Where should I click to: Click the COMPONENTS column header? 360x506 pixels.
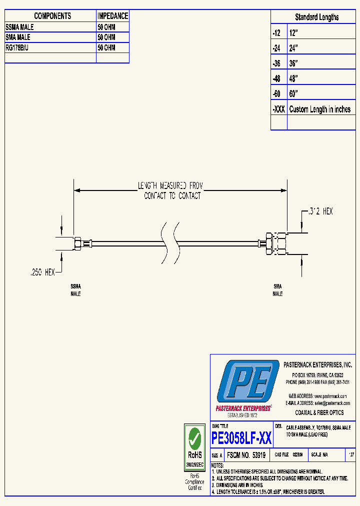point(52,16)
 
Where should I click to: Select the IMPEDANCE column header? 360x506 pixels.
point(112,16)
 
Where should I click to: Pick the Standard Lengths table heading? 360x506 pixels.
point(316,17)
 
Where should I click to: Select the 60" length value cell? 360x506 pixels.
point(293,93)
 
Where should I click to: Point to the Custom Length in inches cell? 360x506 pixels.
point(320,109)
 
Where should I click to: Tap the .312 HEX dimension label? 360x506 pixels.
point(320,211)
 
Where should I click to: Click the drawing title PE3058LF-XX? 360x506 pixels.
point(241,438)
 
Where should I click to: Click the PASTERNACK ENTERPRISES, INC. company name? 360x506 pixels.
point(317,365)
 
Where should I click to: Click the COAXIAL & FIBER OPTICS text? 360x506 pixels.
point(319,412)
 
